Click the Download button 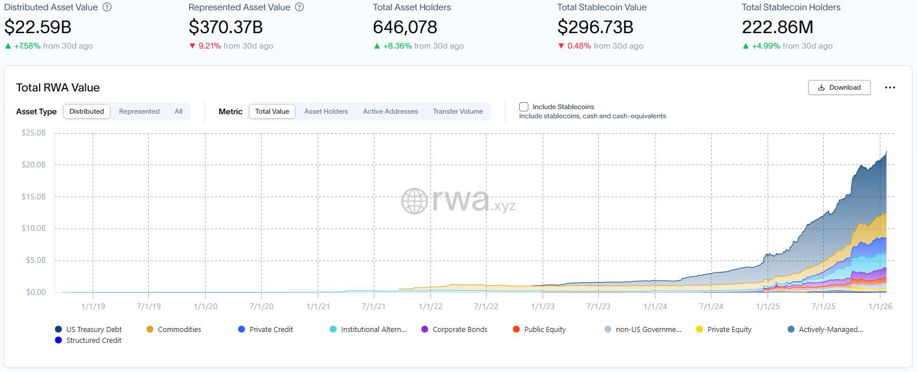click(x=839, y=87)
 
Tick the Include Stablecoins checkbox click(x=524, y=107)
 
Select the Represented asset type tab click(x=139, y=111)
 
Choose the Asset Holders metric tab click(x=326, y=111)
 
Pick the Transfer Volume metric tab click(x=457, y=111)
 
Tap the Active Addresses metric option click(x=390, y=111)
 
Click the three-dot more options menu click(x=890, y=87)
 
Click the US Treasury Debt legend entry click(x=94, y=330)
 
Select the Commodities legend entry click(x=179, y=330)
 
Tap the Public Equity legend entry click(x=544, y=330)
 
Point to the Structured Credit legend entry click(x=93, y=341)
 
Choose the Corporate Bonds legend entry click(x=460, y=330)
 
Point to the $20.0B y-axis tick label click(x=34, y=165)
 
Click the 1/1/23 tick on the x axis click(x=543, y=306)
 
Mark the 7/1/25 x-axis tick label click(x=823, y=306)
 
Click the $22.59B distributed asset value click(x=38, y=27)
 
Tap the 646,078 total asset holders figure click(x=405, y=27)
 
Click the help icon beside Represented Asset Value click(x=299, y=7)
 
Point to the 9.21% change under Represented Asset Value click(x=210, y=46)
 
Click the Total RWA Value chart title click(x=58, y=87)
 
